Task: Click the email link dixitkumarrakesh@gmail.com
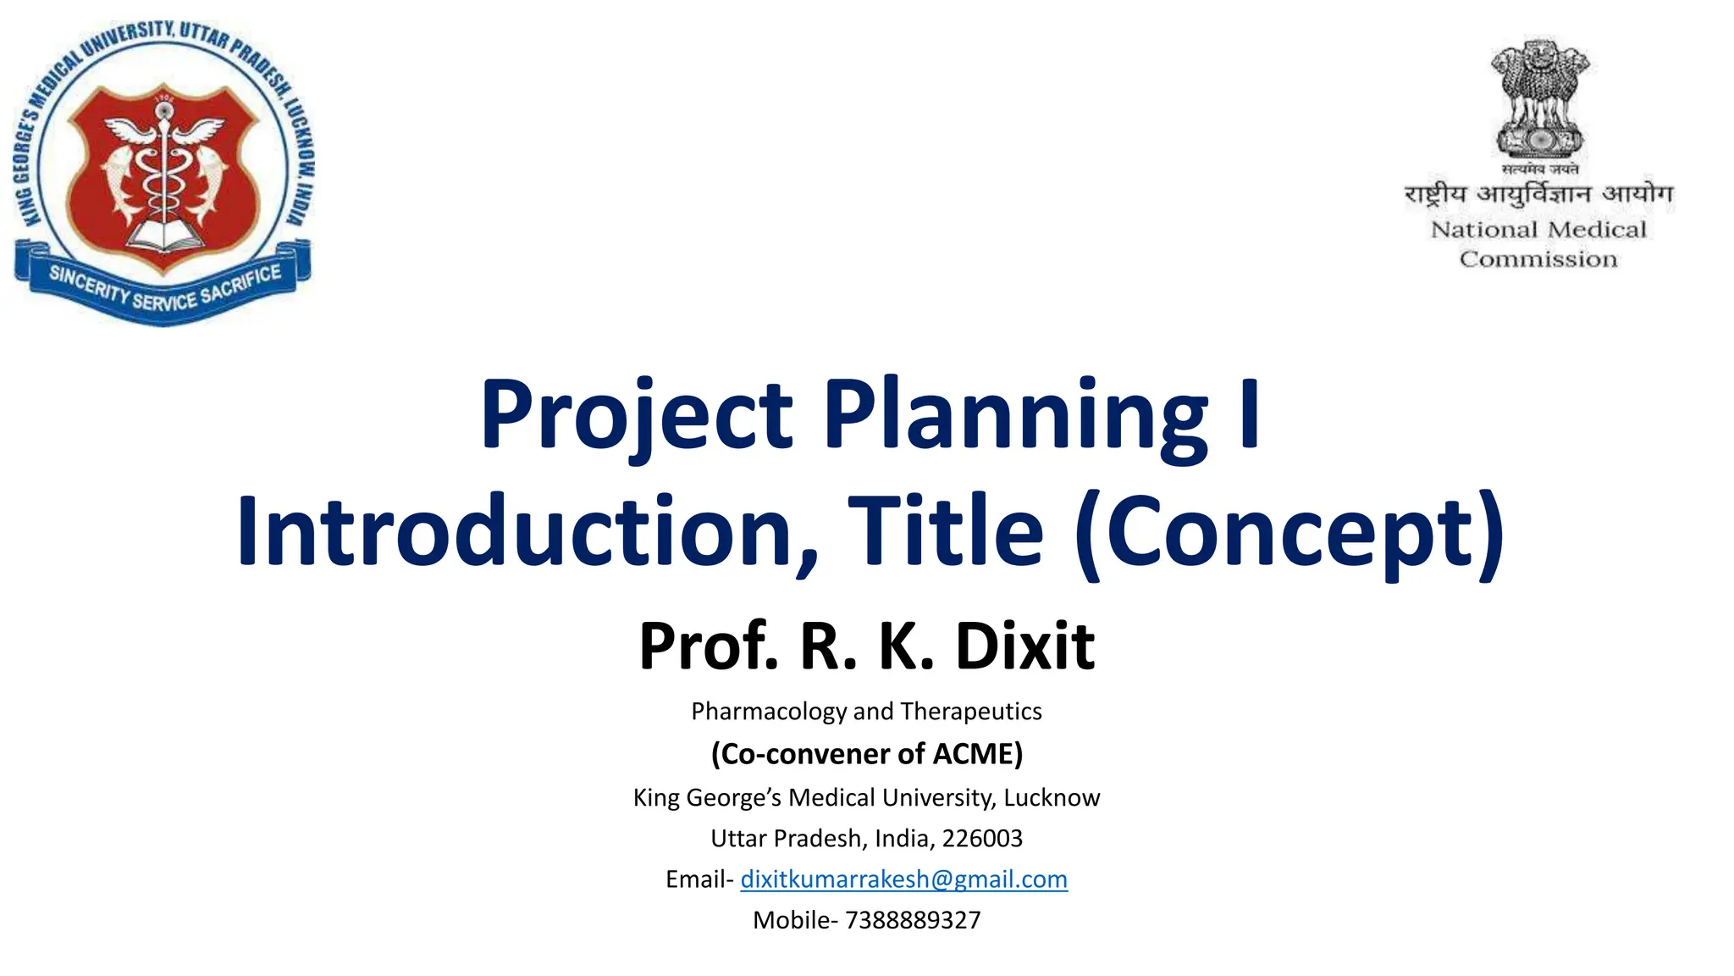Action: [903, 879]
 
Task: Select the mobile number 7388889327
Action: [913, 920]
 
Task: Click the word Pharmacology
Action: [769, 712]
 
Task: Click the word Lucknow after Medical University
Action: [1052, 798]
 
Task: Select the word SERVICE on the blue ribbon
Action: [164, 298]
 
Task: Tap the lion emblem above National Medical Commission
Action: [1539, 97]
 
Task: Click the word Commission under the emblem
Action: [1538, 259]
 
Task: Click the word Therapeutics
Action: [971, 712]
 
